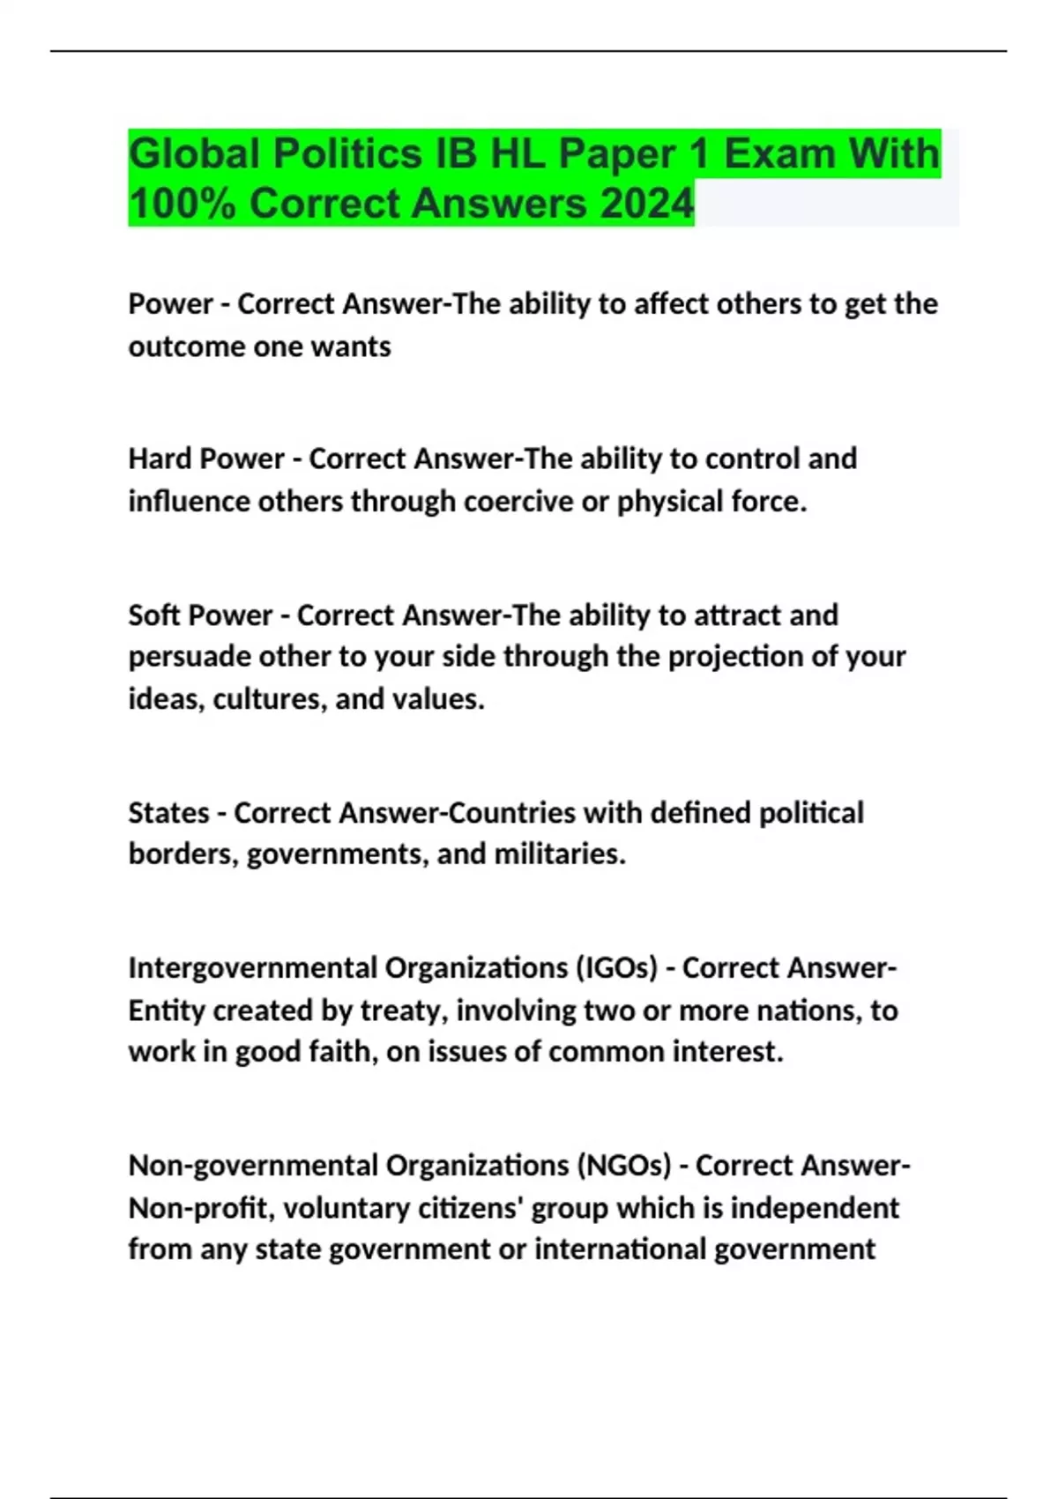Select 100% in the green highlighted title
tap(182, 204)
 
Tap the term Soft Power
tap(200, 615)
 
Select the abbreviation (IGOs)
tap(616, 968)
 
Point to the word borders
tap(183, 854)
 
